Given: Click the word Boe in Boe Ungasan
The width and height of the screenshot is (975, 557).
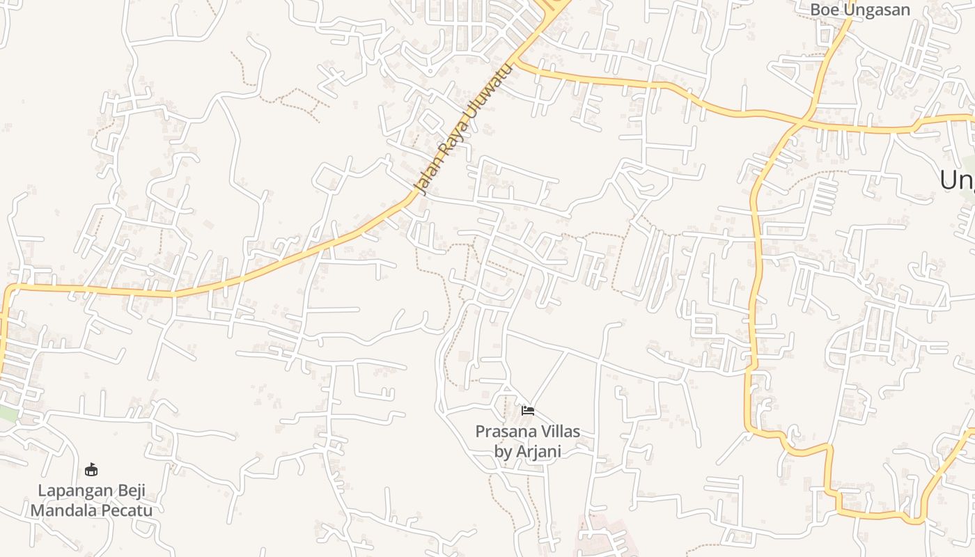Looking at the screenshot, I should pos(825,10).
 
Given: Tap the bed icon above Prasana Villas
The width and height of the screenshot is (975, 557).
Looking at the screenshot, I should pos(528,411).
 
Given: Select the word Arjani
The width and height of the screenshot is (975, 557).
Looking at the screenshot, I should pos(536,451).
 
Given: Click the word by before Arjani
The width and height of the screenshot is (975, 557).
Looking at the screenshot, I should pos(502,451).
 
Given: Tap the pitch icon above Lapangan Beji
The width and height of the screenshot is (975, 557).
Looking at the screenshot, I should pos(91,469).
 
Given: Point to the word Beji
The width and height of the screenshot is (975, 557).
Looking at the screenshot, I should pos(130,490).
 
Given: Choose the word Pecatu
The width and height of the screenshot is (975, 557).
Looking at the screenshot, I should pos(127,510).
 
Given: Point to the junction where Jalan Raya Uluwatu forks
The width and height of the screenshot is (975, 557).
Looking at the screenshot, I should pos(517,60).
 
